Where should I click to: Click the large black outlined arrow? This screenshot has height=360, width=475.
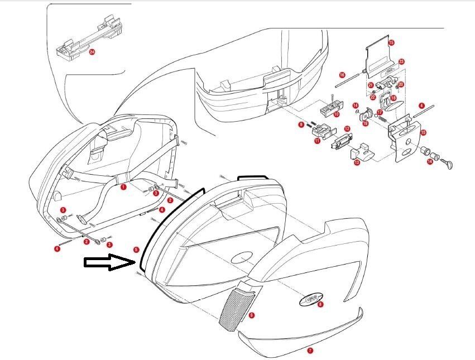pyautogui.click(x=109, y=263)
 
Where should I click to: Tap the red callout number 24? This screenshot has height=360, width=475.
pyautogui.click(x=92, y=52)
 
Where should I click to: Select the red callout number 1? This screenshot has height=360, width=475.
pyautogui.click(x=123, y=188)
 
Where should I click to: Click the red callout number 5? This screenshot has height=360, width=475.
pyautogui.click(x=136, y=249)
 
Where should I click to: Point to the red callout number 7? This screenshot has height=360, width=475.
pyautogui.click(x=310, y=351)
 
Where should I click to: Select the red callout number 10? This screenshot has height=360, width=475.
pyautogui.click(x=336, y=114)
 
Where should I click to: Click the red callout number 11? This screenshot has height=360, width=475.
pyautogui.click(x=317, y=141)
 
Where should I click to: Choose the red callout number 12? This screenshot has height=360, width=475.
pyautogui.click(x=347, y=129)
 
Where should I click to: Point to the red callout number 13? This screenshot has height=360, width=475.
pyautogui.click(x=357, y=162)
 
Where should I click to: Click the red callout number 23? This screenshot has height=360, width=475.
pyautogui.click(x=401, y=61)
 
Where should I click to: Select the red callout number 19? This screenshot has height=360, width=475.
pyautogui.click(x=365, y=123)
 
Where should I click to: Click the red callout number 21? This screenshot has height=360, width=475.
pyautogui.click(x=370, y=85)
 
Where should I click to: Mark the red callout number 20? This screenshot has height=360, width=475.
pyautogui.click(x=401, y=84)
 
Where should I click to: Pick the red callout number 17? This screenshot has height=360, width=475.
pyautogui.click(x=379, y=112)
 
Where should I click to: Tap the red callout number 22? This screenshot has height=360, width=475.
pyautogui.click(x=372, y=97)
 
